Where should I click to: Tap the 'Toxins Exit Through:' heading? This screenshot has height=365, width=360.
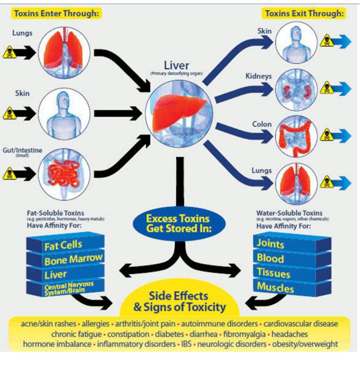click(304, 14)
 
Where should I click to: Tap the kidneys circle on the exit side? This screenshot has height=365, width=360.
click(296, 89)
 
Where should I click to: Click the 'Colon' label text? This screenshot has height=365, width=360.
click(262, 124)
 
